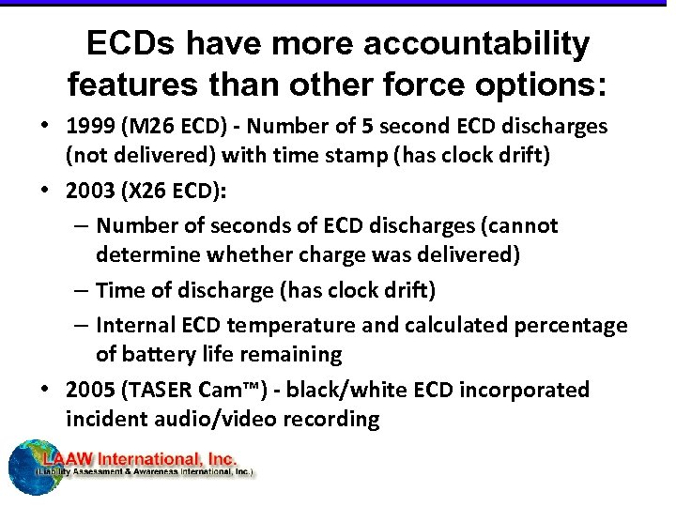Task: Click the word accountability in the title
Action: pos(482,43)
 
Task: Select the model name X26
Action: pos(152,191)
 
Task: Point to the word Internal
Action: pos(136,325)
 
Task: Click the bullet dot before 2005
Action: pos(47,389)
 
